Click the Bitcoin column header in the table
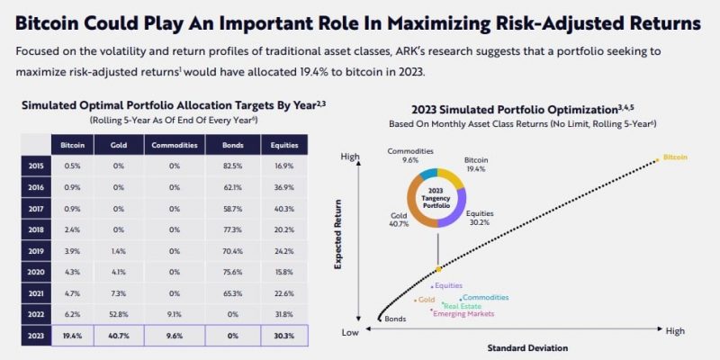(74, 145)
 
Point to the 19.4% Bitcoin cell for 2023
(74, 337)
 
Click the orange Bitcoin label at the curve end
(675, 157)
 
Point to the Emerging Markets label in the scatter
(463, 313)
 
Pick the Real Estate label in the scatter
(462, 305)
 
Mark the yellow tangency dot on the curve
(438, 269)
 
